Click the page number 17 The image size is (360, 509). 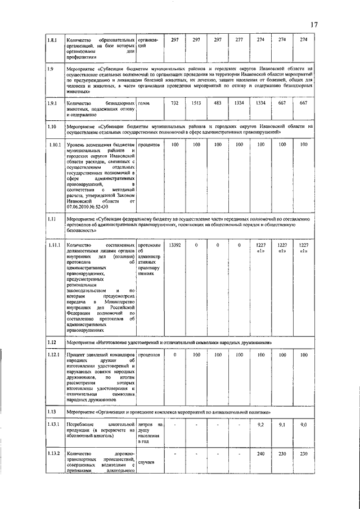click(314, 24)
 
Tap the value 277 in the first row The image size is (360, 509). click(239, 40)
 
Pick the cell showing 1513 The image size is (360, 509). click(196, 104)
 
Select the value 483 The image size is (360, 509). click(218, 104)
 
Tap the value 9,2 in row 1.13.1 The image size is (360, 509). click(260, 425)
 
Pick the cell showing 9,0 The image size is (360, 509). click(304, 425)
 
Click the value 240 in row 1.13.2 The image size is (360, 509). click(260, 454)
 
